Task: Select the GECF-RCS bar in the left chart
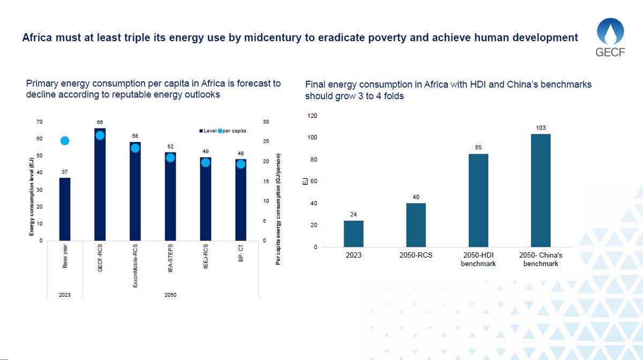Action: point(100,193)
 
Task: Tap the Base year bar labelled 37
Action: point(65,209)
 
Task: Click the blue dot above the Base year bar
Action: point(65,140)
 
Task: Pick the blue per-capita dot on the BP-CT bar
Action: point(241,164)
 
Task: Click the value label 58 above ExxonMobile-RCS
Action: point(135,137)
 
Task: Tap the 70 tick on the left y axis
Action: point(39,122)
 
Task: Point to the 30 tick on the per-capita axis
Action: point(267,122)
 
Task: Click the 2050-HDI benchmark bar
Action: point(478,200)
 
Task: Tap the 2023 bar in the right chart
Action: point(354,234)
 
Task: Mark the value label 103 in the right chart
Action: point(541,127)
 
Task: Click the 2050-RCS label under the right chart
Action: point(416,256)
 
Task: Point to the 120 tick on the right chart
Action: point(311,116)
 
